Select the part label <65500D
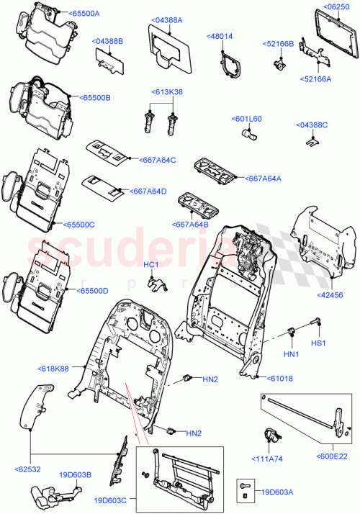click(91, 291)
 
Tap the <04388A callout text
click(168, 20)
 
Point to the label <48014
click(220, 35)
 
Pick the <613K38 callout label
click(167, 92)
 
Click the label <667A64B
click(191, 224)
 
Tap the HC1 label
click(150, 265)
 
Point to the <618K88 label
click(53, 369)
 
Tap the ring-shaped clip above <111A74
click(272, 435)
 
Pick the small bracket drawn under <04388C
click(311, 141)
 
